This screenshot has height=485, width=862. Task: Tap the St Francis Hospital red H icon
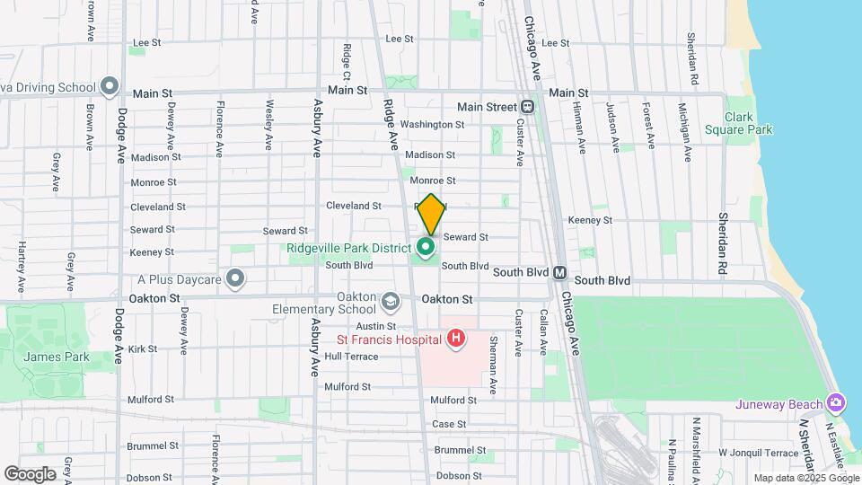[x=456, y=339]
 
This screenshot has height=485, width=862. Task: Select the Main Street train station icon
[x=527, y=107]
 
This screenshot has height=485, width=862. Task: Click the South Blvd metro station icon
[x=559, y=272]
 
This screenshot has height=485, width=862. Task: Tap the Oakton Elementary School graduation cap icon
[x=389, y=299]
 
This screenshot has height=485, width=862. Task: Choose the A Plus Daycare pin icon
[x=235, y=279]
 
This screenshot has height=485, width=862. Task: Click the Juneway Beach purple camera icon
[x=837, y=401]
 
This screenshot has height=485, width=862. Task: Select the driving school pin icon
[x=110, y=87]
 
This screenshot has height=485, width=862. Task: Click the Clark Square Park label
[x=748, y=124]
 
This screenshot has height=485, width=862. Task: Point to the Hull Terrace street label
[x=351, y=357]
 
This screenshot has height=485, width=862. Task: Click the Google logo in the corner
[x=30, y=473]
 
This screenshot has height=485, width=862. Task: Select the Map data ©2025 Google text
[x=805, y=478]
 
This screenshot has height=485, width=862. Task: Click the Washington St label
[x=432, y=125]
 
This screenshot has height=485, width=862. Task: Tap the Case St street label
[x=449, y=424]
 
